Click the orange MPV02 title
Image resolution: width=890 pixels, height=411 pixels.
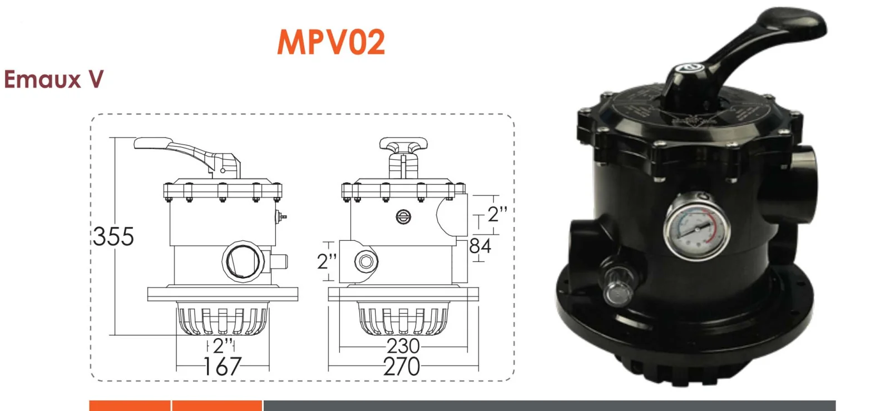(331, 42)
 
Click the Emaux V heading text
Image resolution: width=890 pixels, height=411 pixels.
(53, 80)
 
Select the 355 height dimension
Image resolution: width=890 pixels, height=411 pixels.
(113, 236)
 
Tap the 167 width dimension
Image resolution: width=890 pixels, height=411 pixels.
(222, 367)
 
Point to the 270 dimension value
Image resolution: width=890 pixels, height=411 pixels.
(402, 367)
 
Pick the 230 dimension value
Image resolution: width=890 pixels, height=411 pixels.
(403, 346)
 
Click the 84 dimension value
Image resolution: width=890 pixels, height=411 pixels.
(480, 246)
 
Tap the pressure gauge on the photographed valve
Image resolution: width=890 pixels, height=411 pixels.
(696, 227)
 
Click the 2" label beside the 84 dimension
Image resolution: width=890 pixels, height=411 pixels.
(497, 214)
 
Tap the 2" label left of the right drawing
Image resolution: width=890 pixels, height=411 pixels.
(327, 261)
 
